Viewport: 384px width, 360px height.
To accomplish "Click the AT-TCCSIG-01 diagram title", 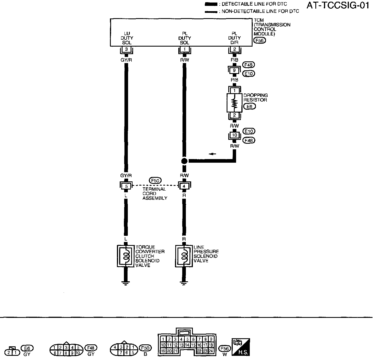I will tap(338, 6).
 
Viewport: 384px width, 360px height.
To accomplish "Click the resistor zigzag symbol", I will tap(234, 103).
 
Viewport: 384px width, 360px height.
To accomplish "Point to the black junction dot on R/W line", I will tap(184, 161).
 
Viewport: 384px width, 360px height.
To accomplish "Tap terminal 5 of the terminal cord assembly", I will tap(126, 186).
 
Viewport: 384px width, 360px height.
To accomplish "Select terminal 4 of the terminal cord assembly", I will tap(184, 186).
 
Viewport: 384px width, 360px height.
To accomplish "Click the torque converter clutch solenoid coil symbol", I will tap(126, 256).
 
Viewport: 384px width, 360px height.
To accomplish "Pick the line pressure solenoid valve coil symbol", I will tap(184, 256).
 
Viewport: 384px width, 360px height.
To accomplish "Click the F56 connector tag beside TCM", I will tap(259, 40).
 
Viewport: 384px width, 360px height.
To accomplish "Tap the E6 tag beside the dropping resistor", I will tap(249, 106).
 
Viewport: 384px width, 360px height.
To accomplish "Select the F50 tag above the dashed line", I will tap(155, 181).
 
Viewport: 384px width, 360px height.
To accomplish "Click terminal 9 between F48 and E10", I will tap(234, 70).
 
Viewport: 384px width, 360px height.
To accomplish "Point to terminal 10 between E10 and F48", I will tap(234, 135).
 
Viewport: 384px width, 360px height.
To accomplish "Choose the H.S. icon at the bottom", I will tap(241, 347).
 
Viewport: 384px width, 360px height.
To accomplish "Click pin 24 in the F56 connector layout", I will tap(211, 351).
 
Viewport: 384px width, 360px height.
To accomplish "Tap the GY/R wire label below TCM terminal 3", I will tap(126, 60).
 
